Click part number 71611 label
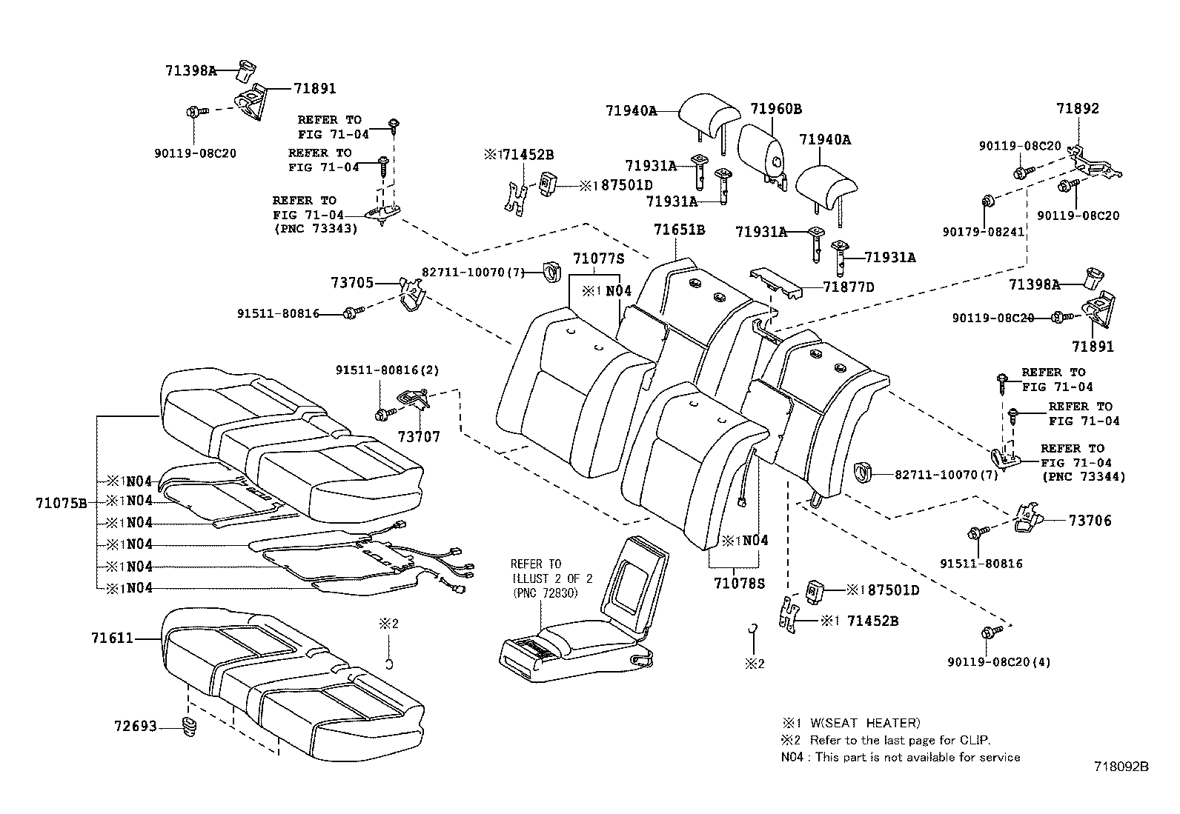[113, 637]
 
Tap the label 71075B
[61, 503]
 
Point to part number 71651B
[679, 230]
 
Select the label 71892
[1078, 108]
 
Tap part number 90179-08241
[984, 231]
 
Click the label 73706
[1090, 521]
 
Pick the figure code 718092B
[1120, 767]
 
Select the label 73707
[419, 437]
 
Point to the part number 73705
[353, 282]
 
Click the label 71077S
[599, 258]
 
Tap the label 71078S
[738, 583]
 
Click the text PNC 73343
[315, 229]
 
